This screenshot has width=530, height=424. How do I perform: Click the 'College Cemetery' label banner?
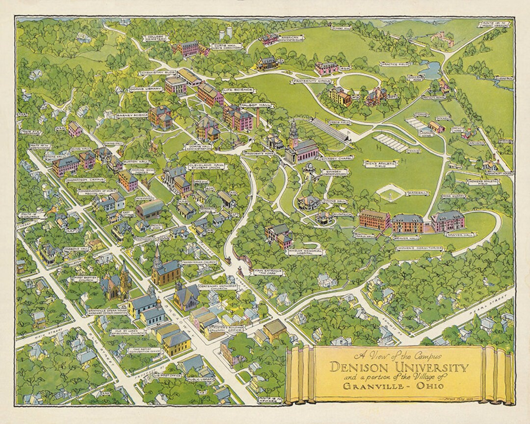tap(154, 38)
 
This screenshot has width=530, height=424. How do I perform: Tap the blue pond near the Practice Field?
tap(430, 70)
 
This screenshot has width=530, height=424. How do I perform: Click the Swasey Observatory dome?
tap(311, 168)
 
